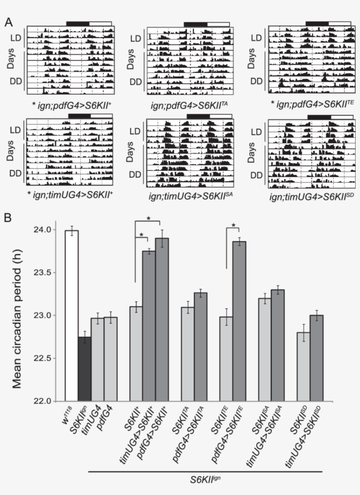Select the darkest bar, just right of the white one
[x=85, y=369]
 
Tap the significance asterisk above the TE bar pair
[x=234, y=226]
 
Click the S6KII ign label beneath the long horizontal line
[x=205, y=480]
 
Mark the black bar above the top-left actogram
[x=77, y=23]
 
